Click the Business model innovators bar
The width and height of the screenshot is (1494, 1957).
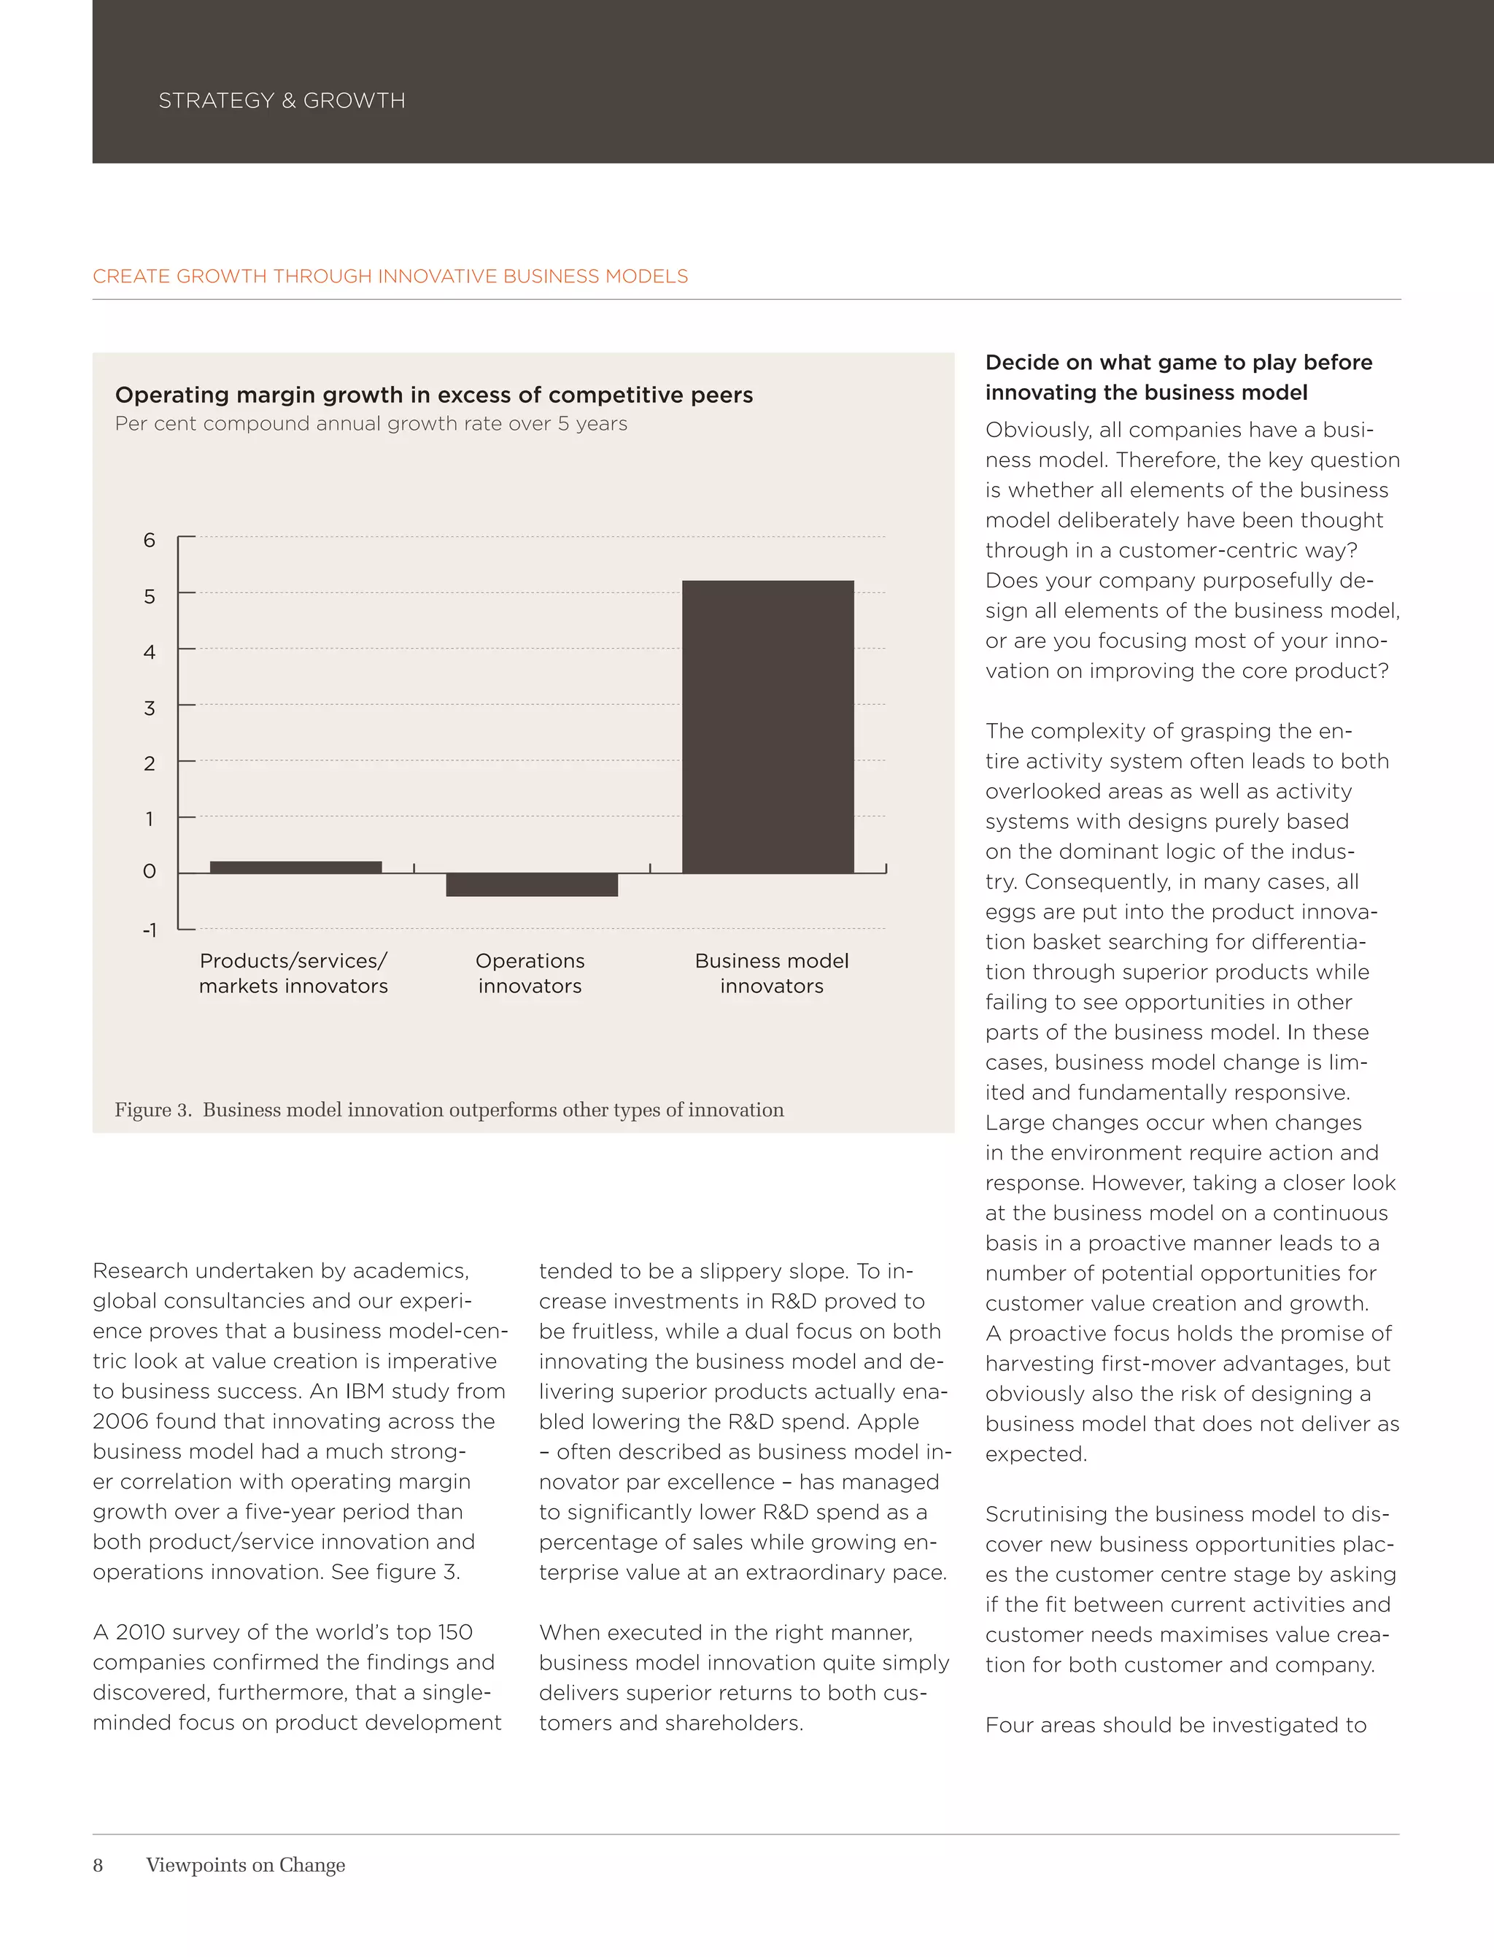(767, 726)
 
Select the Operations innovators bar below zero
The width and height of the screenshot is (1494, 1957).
(532, 884)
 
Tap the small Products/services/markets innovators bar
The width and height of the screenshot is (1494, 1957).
(295, 868)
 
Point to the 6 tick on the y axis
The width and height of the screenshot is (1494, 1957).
(150, 540)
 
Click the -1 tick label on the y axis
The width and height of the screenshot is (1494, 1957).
(150, 930)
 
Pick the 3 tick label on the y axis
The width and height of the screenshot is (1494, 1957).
(150, 708)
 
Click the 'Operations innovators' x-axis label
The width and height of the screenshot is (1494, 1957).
(530, 973)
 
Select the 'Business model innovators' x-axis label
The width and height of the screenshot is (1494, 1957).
(771, 973)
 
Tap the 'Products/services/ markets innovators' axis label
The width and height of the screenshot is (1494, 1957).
(293, 973)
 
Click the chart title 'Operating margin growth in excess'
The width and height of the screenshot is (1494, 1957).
(433, 395)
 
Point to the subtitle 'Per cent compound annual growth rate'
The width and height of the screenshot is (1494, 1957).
(371, 423)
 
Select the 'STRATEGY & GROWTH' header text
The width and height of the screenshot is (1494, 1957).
(281, 101)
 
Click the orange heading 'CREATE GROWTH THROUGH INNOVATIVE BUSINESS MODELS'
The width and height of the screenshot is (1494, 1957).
(390, 277)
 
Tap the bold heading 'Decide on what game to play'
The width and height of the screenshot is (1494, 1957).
(1178, 362)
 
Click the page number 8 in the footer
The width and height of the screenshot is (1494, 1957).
(98, 1865)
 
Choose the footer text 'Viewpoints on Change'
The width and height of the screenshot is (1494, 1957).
(245, 1865)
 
